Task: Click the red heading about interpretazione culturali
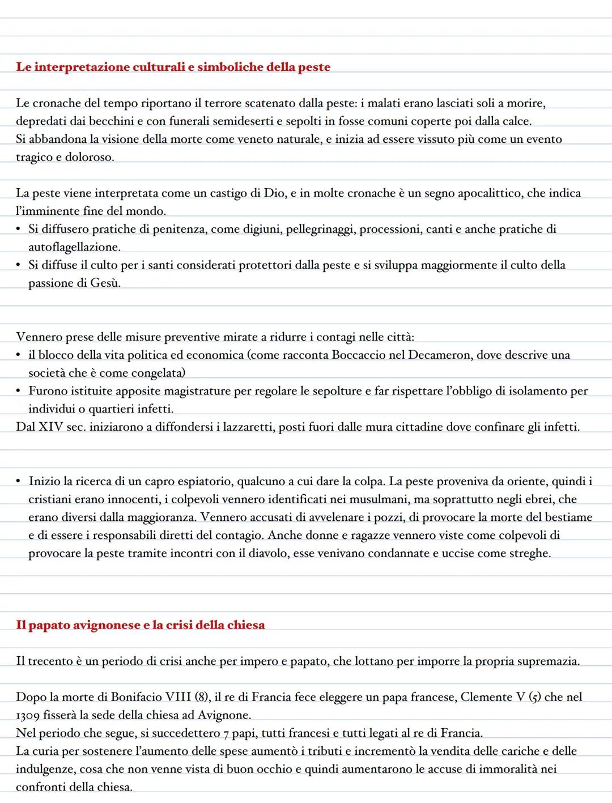(x=173, y=67)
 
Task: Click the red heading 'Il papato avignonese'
(x=140, y=625)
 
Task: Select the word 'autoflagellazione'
(x=74, y=248)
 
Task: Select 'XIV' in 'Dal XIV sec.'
(x=51, y=427)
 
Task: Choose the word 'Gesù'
(x=105, y=283)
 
